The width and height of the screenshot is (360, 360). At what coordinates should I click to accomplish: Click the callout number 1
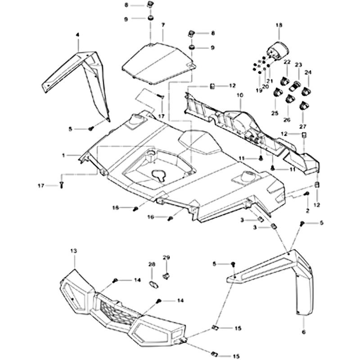pyautogui.click(x=65, y=155)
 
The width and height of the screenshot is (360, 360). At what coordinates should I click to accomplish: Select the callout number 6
pyautogui.click(x=303, y=332)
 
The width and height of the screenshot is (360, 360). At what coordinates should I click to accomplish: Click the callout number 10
pyautogui.click(x=239, y=95)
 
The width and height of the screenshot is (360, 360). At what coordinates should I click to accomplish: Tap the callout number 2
pyautogui.click(x=307, y=210)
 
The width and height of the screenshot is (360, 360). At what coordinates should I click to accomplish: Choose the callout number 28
pyautogui.click(x=152, y=264)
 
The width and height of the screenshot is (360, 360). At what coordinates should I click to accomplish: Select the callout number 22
pyautogui.click(x=287, y=62)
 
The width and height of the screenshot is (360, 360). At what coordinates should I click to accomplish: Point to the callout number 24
pyautogui.click(x=308, y=72)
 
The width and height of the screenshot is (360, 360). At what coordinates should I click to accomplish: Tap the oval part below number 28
pyautogui.click(x=153, y=283)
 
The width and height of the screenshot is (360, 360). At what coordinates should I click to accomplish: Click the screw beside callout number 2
pyautogui.click(x=306, y=193)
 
